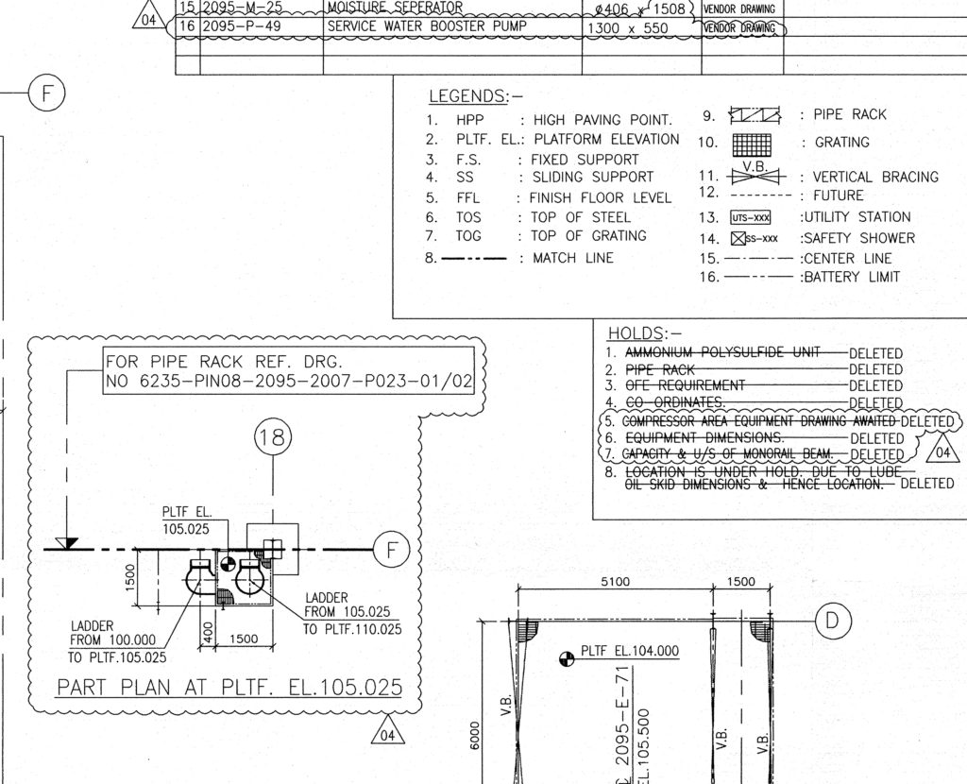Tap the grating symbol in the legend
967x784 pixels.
pyautogui.click(x=753, y=144)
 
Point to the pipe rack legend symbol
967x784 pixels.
pyautogui.click(x=755, y=115)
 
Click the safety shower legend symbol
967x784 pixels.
pyautogui.click(x=738, y=238)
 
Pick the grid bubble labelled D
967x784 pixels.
pyautogui.click(x=832, y=621)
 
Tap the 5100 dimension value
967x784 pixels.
pyautogui.click(x=615, y=582)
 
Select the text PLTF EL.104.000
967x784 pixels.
pyautogui.click(x=630, y=651)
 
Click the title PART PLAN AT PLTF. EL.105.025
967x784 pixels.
pyautogui.click(x=229, y=687)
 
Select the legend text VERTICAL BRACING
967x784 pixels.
pyautogui.click(x=875, y=178)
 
